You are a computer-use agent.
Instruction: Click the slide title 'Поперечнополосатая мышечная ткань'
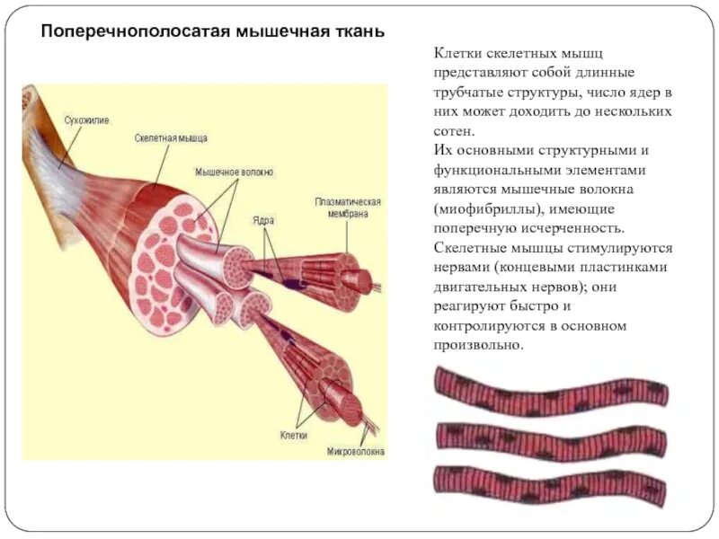coord(214,31)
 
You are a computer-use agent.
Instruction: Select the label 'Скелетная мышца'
coord(171,138)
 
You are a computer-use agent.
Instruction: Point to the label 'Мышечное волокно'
coord(235,171)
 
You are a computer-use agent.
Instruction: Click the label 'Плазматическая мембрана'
coord(348,208)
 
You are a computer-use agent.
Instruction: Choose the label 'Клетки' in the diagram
coord(293,435)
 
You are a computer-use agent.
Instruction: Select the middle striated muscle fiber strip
coord(552,437)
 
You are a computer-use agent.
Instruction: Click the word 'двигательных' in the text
coord(477,287)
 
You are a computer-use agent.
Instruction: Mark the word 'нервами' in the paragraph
coord(460,268)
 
